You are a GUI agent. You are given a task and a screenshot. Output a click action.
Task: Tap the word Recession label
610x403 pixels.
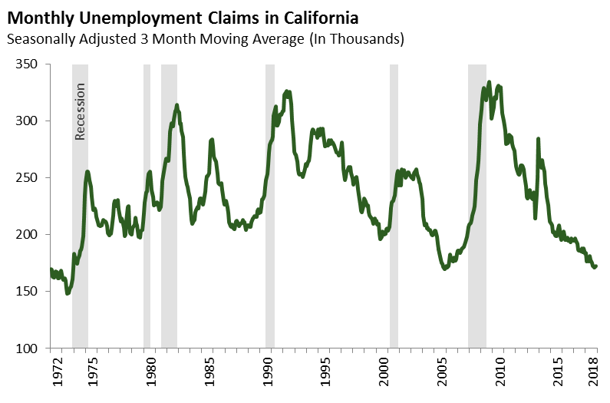tap(80, 111)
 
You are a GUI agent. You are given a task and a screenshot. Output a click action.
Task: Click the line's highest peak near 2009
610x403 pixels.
tap(489, 82)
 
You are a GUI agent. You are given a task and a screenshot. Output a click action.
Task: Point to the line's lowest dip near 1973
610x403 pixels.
tap(68, 293)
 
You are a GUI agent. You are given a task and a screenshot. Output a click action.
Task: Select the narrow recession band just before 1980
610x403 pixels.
tap(147, 207)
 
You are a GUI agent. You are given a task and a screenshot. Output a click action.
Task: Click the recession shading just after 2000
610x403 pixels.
tap(394, 207)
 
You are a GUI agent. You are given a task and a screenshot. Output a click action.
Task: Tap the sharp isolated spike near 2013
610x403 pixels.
tap(538, 139)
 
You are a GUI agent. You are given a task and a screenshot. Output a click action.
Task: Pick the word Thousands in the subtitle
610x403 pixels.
tap(368, 38)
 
